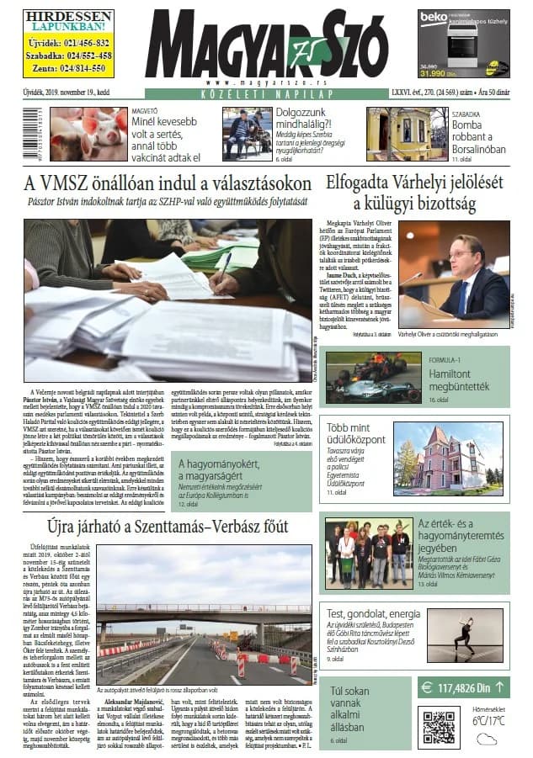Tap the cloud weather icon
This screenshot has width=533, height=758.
[486, 739]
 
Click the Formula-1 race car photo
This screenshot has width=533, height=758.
[372, 377]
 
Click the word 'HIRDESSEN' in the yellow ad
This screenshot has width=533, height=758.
[69, 16]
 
